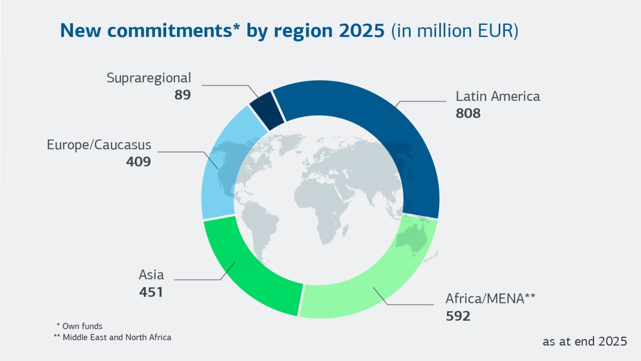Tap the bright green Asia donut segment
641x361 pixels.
249,273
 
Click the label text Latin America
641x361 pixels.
497,96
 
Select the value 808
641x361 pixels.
468,113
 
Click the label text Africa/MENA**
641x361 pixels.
490,299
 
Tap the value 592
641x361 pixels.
458,316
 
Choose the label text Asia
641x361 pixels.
151,275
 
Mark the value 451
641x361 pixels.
151,292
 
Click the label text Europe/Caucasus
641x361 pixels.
99,145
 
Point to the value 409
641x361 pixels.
138,161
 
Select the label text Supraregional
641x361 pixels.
149,78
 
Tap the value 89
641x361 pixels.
183,94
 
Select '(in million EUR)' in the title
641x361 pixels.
455,31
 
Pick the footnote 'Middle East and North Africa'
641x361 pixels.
117,337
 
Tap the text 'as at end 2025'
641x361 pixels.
584,341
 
